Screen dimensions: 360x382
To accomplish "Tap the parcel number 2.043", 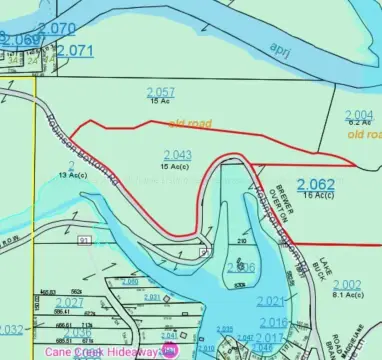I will click(x=176, y=155).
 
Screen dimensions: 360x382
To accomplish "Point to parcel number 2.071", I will click(x=74, y=50).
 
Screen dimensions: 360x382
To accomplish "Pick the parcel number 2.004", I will click(x=358, y=114).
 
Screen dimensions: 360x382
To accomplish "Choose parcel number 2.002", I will click(x=347, y=285).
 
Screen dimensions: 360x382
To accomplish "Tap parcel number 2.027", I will click(x=69, y=302).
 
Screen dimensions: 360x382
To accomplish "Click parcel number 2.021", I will click(x=271, y=301).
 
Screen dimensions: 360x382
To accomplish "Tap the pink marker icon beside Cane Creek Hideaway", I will click(x=169, y=352).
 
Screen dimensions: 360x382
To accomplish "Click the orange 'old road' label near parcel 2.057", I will click(x=191, y=123).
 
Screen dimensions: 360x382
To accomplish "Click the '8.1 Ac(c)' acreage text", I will click(x=350, y=295).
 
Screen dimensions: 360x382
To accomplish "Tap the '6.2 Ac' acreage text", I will click(x=360, y=122).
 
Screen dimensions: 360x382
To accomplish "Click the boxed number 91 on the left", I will click(x=83, y=241).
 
